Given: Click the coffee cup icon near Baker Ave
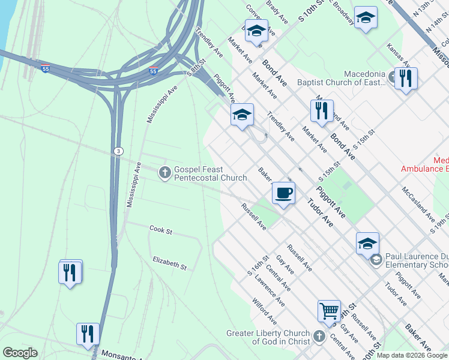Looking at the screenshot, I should pyautogui.click(x=283, y=193).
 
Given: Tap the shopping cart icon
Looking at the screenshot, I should pyautogui.click(x=329, y=311).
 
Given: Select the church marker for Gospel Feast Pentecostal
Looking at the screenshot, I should pyautogui.click(x=164, y=173).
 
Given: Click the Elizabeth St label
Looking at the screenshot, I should pyautogui.click(x=170, y=262).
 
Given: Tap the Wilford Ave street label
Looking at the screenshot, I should pyautogui.click(x=264, y=311).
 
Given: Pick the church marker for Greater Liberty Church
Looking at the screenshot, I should pyautogui.click(x=319, y=337).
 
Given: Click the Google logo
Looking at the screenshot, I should pyautogui.click(x=20, y=353).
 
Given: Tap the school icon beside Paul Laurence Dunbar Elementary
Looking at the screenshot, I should pyautogui.click(x=376, y=259).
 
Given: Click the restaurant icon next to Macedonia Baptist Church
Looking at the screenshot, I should pyautogui.click(x=406, y=78).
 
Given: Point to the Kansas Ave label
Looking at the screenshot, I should pyautogui.click(x=398, y=55).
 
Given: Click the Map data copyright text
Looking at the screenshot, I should pyautogui.click(x=412, y=355).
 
